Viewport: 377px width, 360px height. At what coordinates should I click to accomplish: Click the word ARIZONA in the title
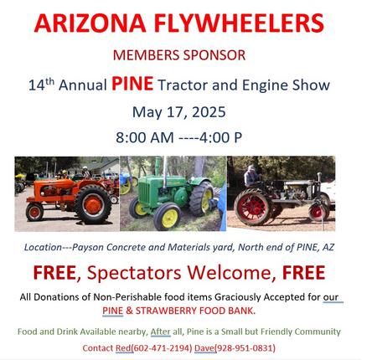[90, 23]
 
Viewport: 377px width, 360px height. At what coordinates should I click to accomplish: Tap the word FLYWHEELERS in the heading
[239, 23]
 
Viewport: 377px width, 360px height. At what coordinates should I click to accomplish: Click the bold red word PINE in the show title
[132, 84]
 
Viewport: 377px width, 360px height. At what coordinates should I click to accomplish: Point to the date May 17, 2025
[179, 112]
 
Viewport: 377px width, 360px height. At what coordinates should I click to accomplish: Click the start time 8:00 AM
[145, 137]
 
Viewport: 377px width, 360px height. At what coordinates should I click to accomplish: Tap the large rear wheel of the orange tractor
[93, 204]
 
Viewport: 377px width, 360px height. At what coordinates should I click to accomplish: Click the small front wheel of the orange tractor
[34, 212]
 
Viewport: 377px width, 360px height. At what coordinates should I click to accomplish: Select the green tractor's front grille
[144, 192]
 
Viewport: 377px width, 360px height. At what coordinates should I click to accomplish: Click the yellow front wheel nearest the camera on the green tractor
[168, 216]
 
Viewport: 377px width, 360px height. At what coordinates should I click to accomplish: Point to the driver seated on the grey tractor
[252, 177]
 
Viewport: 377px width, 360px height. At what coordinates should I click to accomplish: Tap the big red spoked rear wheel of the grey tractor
[253, 207]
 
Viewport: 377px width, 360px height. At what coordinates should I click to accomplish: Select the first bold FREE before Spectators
[54, 273]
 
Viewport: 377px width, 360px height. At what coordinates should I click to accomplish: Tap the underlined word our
[331, 297]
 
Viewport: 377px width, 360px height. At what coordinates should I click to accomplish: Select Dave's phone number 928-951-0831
[245, 348]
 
